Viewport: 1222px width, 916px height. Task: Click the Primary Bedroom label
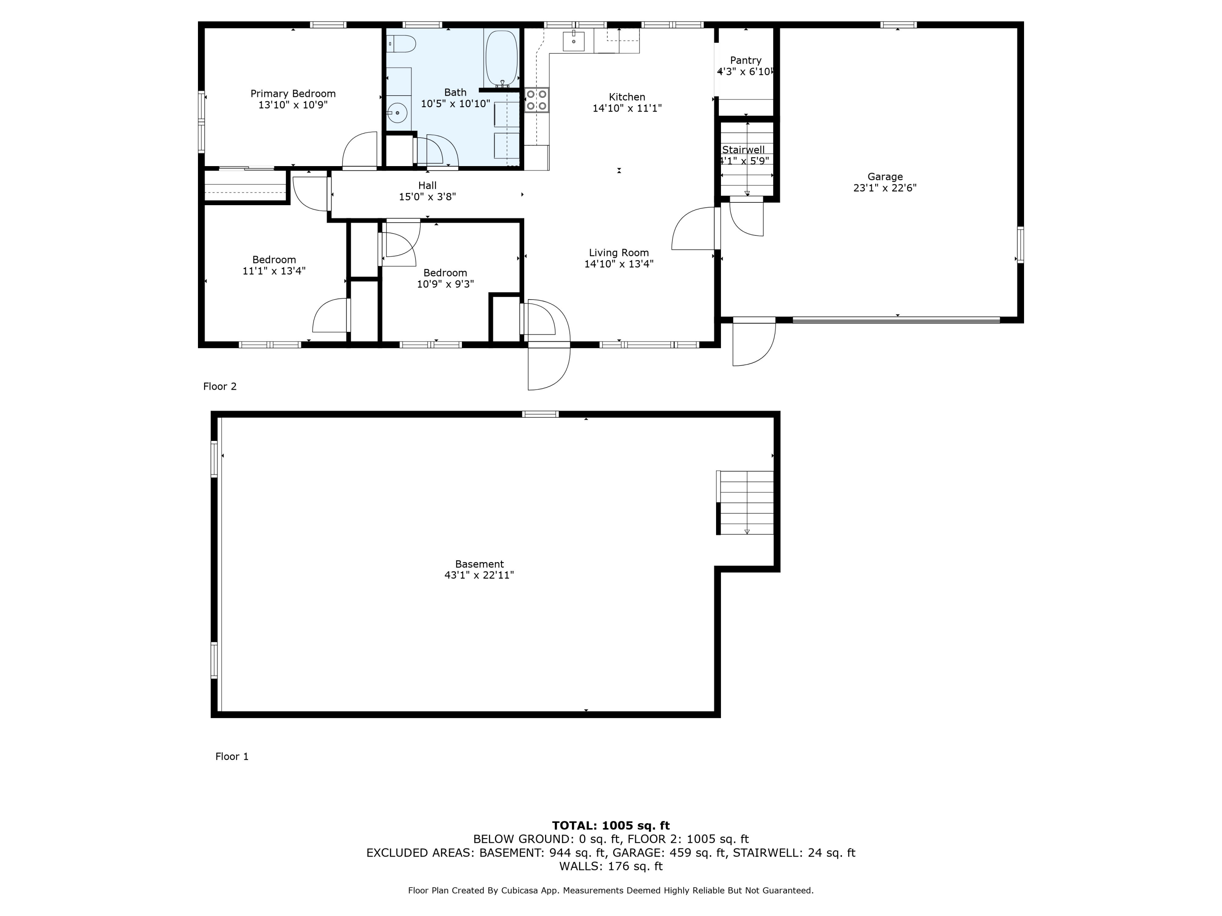(x=293, y=94)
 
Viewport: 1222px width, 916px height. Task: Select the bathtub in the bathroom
(x=501, y=57)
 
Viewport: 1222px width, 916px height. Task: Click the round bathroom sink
(x=397, y=113)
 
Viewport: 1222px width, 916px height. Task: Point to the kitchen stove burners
(x=536, y=100)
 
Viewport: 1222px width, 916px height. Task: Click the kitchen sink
(x=574, y=41)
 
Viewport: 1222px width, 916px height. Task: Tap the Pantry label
(x=746, y=60)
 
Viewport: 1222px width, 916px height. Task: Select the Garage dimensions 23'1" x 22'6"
(x=885, y=188)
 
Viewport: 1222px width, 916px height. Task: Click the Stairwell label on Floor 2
(x=743, y=150)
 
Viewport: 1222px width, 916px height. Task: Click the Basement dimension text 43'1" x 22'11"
(x=479, y=575)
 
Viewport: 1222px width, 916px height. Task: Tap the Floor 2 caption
(x=220, y=386)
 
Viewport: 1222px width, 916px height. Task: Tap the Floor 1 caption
(x=232, y=756)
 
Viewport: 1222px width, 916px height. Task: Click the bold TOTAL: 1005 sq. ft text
(x=611, y=826)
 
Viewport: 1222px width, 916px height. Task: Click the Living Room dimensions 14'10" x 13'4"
(x=619, y=264)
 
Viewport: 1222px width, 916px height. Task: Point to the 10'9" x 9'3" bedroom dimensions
(x=445, y=284)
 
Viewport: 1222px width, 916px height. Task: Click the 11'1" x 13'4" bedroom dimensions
(x=274, y=271)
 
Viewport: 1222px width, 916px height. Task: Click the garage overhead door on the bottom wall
(x=896, y=320)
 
